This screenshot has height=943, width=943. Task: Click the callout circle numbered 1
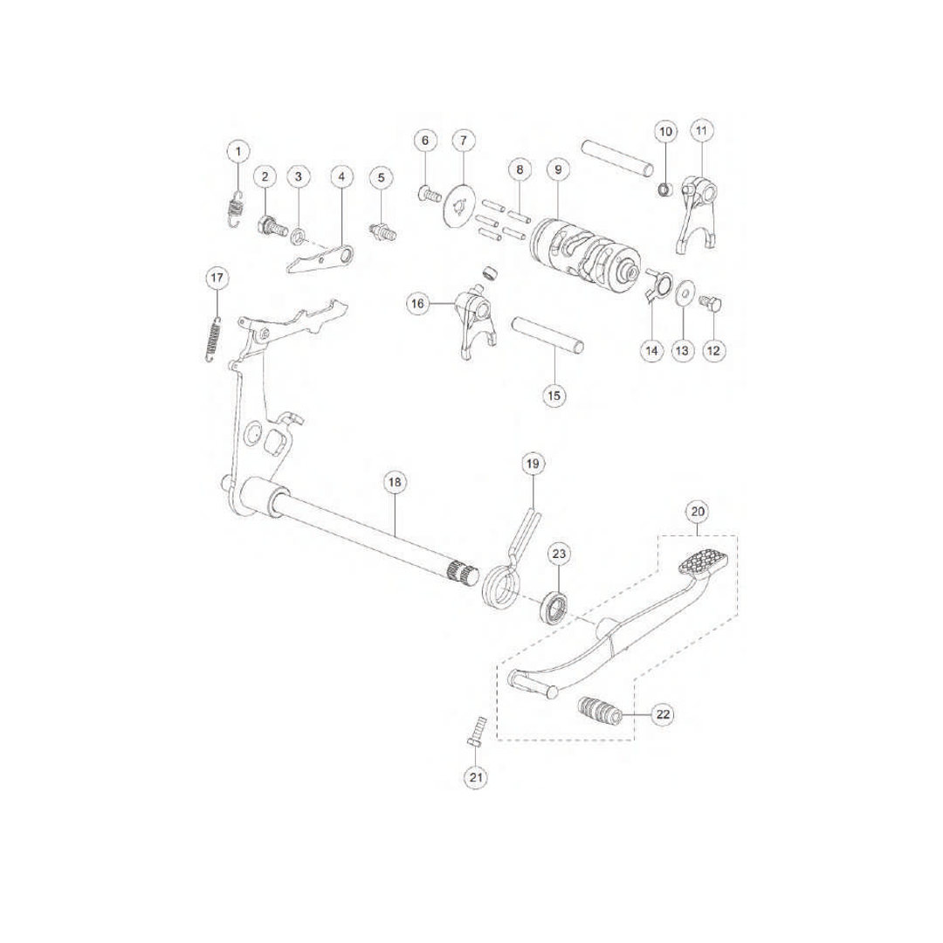tap(238, 151)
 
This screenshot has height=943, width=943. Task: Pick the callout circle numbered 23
tap(560, 554)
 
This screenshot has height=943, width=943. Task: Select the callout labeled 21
tap(476, 776)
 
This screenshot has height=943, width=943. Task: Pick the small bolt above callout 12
tap(708, 302)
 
